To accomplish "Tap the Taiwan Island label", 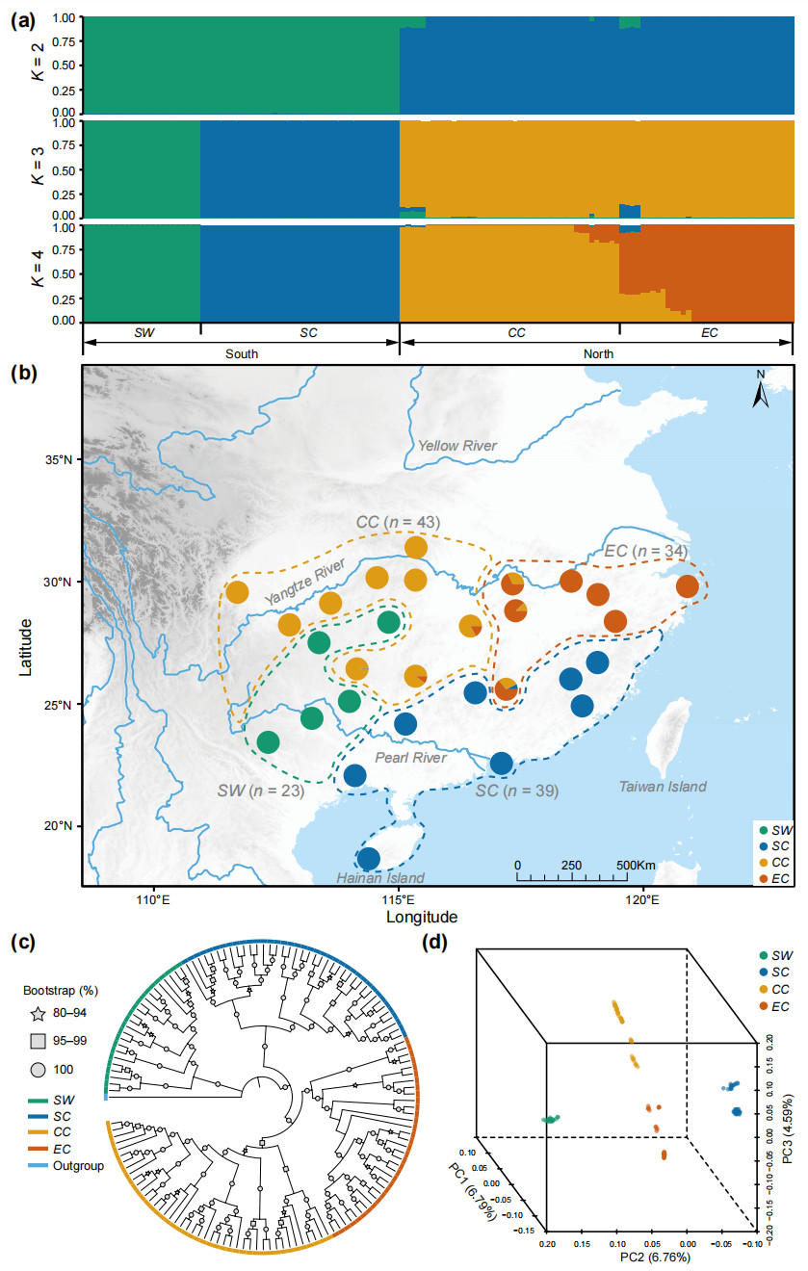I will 665,787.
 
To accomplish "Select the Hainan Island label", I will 379,877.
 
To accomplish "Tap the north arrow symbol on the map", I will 760,392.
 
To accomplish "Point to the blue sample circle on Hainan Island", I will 368,858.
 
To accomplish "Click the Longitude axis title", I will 422,917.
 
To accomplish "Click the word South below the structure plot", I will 241,353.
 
